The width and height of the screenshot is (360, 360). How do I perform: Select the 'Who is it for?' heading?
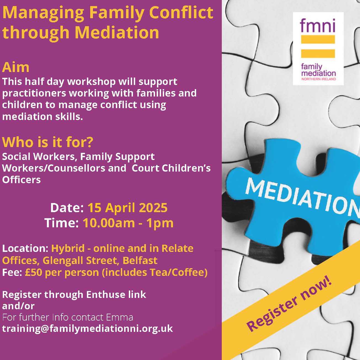(x=47, y=142)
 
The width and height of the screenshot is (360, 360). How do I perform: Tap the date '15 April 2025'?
(x=127, y=208)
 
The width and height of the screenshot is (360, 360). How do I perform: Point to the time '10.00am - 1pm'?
(x=128, y=223)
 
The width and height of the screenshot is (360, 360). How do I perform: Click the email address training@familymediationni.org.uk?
(x=87, y=329)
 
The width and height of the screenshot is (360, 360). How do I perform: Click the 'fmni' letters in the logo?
(x=318, y=25)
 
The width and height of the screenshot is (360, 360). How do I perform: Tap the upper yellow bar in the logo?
(x=318, y=39)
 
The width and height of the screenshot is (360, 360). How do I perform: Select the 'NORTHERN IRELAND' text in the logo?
(x=319, y=79)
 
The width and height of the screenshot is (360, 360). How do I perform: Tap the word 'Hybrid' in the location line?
(x=68, y=249)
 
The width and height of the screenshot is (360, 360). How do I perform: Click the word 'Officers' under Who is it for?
(x=21, y=180)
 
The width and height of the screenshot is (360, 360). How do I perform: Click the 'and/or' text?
(x=18, y=306)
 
